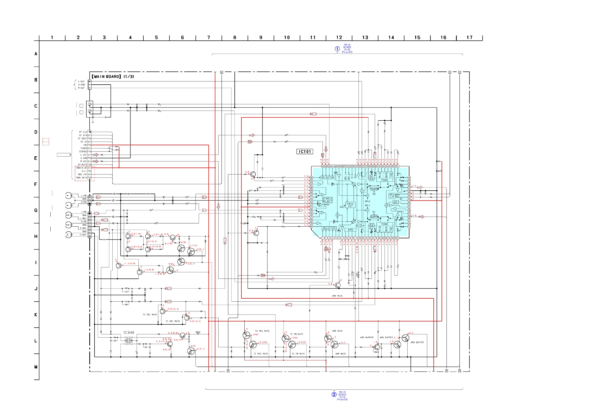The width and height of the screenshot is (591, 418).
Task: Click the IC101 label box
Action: tap(305, 152)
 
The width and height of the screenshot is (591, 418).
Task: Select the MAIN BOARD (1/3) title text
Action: tap(113, 76)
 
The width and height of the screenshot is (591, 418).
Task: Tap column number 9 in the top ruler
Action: tap(261, 37)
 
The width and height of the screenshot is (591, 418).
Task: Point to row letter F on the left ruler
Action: tap(36, 184)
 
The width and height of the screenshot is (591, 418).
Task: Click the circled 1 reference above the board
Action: tap(337, 49)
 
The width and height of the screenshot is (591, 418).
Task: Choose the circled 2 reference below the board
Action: tap(334, 395)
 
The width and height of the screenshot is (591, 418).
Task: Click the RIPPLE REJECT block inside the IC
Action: tap(328, 200)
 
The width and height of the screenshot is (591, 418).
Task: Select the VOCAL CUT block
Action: tap(350, 205)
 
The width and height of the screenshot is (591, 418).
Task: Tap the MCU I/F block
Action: tap(392, 196)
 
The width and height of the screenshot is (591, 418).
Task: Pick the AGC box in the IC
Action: tap(396, 202)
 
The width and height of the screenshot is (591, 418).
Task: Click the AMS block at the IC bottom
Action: tap(350, 230)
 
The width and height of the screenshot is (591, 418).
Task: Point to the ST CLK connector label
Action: tap(83, 132)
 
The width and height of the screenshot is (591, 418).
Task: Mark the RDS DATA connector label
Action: tap(82, 178)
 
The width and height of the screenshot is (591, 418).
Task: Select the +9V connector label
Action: tap(85, 145)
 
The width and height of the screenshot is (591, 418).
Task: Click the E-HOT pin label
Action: tap(83, 235)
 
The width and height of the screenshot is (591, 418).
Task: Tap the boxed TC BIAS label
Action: tap(129, 333)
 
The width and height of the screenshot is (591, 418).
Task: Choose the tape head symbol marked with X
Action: tap(68, 235)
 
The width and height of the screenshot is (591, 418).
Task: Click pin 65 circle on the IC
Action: tap(311, 178)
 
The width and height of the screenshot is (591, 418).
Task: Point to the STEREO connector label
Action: tap(83, 152)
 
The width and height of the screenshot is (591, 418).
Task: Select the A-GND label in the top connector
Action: tap(81, 85)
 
